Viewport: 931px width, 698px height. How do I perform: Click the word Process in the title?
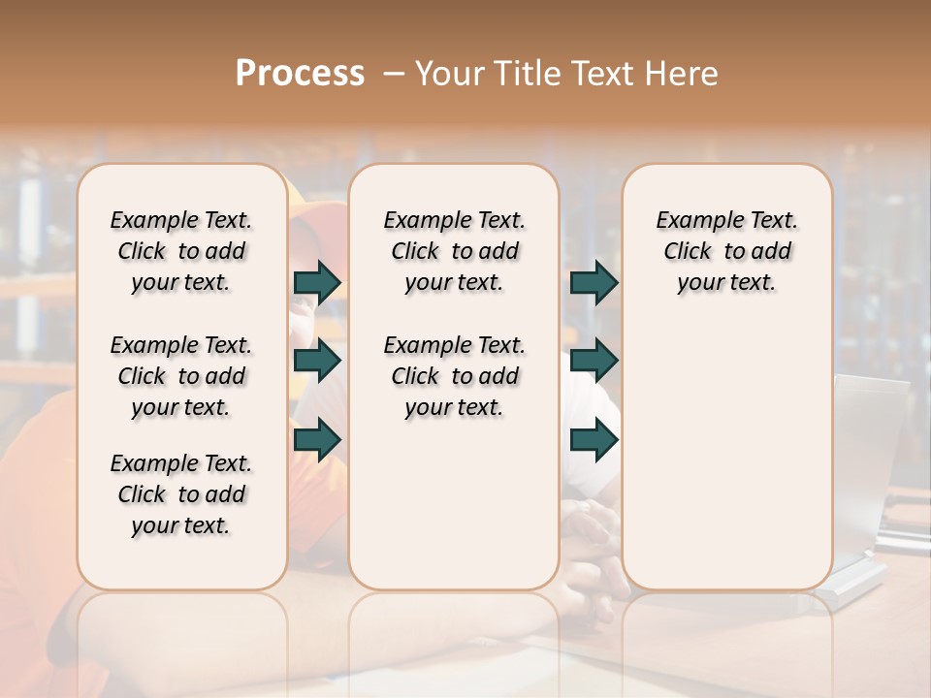[300, 74]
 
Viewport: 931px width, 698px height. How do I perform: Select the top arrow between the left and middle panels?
[318, 282]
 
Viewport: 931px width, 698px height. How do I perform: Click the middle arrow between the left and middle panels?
[318, 362]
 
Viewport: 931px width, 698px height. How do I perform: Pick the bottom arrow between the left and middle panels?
[318, 440]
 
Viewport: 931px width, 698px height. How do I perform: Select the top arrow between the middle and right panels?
[594, 282]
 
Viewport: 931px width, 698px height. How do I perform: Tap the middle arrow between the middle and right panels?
[594, 362]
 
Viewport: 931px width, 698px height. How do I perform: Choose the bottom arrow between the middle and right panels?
[594, 440]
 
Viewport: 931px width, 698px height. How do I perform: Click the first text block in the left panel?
[181, 251]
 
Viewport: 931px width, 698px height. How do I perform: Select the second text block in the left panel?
[181, 376]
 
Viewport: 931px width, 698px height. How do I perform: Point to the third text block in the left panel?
[181, 494]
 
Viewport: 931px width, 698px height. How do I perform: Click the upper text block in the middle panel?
[454, 251]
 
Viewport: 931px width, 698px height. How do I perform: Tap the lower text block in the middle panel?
[454, 376]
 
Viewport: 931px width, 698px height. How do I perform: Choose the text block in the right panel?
[727, 251]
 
